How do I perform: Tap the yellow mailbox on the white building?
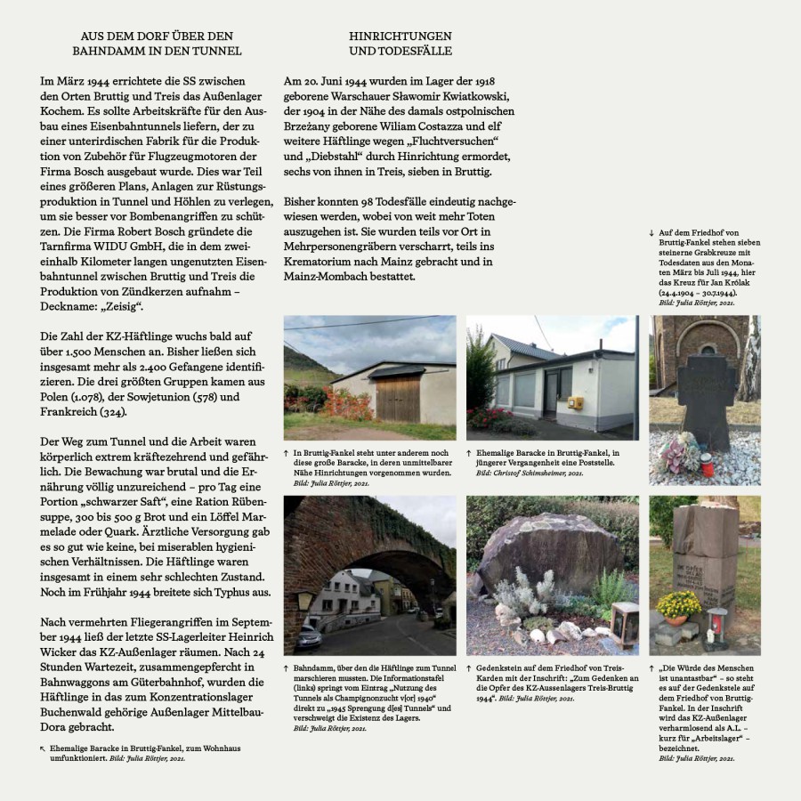[x=575, y=403]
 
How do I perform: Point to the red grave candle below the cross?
[x=707, y=464]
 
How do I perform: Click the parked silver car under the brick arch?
[x=309, y=636]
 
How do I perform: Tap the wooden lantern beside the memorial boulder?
[x=624, y=624]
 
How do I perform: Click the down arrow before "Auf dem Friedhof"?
[x=651, y=233]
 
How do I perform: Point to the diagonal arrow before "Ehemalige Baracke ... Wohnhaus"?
[x=44, y=749]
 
